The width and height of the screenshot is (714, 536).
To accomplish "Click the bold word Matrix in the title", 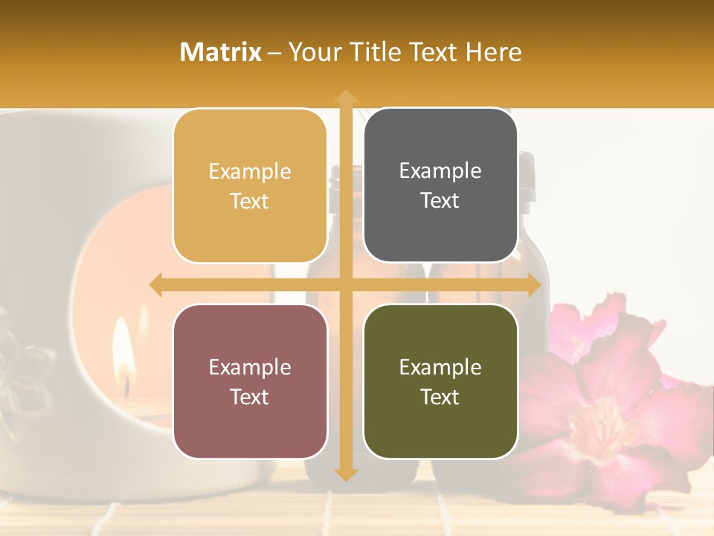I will click(220, 52).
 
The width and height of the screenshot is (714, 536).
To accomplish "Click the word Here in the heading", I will click(493, 52).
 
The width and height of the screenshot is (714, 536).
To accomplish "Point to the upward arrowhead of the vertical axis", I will click(346, 97).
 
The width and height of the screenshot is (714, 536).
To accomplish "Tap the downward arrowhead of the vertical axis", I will click(346, 473).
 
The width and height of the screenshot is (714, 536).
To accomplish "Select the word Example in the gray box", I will click(440, 171).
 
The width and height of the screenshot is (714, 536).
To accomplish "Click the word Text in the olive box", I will click(440, 398).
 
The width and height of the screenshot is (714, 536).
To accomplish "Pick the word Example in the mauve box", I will click(250, 368).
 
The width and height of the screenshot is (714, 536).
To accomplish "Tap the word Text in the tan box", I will click(250, 202).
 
